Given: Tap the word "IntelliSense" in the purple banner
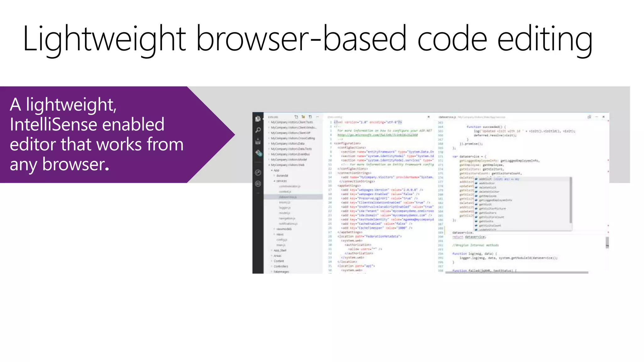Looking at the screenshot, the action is [87, 124].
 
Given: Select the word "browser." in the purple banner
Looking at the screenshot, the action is [75, 164].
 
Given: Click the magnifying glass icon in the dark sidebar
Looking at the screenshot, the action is [258, 130].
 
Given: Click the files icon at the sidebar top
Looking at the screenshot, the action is [258, 118].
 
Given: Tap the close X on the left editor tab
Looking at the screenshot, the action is [428, 117].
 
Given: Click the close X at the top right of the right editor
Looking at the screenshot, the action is [603, 117].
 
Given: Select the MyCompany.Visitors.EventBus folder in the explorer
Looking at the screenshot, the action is [290, 154].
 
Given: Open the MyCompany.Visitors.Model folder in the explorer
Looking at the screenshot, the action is [289, 160].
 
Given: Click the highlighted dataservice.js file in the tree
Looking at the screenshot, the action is [288, 197].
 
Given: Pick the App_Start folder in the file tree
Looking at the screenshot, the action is [280, 250].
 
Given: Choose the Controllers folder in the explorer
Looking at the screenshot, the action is [281, 266].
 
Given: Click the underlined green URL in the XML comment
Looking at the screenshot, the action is [377, 135].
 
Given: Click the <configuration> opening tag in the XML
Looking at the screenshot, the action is [347, 143].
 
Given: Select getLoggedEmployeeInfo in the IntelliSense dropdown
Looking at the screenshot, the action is [495, 200].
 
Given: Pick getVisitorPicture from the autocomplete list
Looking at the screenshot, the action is [492, 209].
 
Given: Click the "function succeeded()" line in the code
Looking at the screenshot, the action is [486, 127].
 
